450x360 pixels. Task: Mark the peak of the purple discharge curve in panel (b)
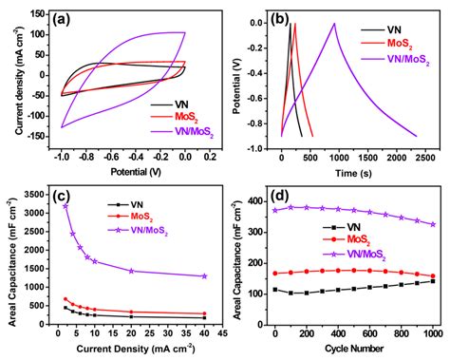click(333, 24)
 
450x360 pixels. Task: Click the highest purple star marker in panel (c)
click(65, 206)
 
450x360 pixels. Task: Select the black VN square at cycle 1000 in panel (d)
click(432, 281)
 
